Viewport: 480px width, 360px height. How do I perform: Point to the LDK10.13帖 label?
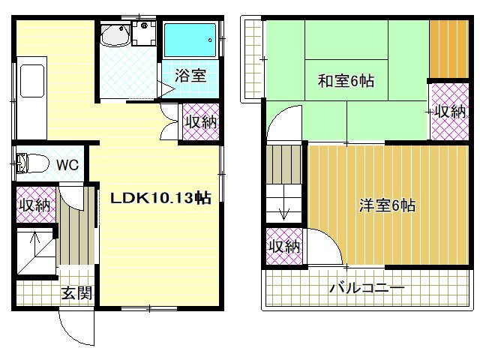point(160,199)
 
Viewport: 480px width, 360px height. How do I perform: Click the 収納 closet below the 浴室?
point(201,122)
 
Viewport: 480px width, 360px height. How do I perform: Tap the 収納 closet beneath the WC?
point(35,205)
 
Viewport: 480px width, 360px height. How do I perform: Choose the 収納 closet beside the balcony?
point(284,246)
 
